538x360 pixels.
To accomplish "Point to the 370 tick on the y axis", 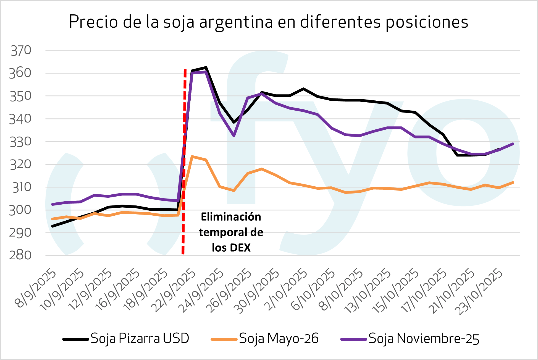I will click(21, 51).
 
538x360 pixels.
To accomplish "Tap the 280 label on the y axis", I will click(20, 255).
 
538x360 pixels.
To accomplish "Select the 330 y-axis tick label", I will click(21, 142).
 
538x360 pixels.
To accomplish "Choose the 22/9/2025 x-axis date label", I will click(174, 290).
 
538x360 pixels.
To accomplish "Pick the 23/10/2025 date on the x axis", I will click(480, 291).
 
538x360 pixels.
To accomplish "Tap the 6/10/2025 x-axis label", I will click(313, 289).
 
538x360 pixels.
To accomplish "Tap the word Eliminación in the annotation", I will click(231, 217).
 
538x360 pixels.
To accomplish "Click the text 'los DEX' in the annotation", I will click(231, 248).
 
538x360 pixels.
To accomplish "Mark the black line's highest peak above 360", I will click(206, 68).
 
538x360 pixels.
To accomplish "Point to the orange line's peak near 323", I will click(192, 156).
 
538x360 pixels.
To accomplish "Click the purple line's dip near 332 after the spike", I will click(234, 136).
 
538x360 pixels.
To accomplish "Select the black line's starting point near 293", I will click(53, 226).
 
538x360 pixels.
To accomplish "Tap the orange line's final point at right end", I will click(513, 182).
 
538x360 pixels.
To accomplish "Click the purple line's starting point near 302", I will click(53, 204).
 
